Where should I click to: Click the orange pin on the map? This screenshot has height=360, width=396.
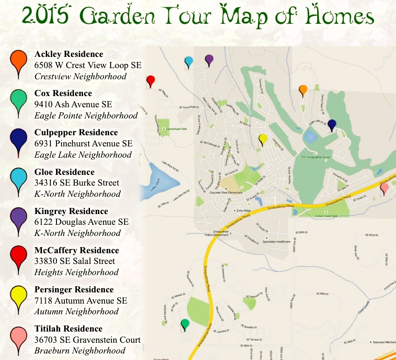click(303, 89)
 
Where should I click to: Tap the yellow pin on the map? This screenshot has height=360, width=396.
click(263, 138)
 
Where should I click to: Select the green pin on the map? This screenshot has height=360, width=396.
click(185, 324)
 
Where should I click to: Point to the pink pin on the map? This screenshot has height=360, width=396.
click(384, 187)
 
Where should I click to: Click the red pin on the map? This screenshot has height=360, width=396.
click(150, 80)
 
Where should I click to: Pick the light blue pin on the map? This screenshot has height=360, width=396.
click(188, 61)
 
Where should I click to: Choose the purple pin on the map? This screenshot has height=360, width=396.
click(209, 59)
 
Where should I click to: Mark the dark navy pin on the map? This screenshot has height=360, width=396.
click(332, 125)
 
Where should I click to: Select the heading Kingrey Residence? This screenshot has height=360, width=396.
click(71, 211)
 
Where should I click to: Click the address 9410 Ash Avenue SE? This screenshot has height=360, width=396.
click(74, 104)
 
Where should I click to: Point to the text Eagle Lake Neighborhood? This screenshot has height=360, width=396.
click(83, 155)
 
